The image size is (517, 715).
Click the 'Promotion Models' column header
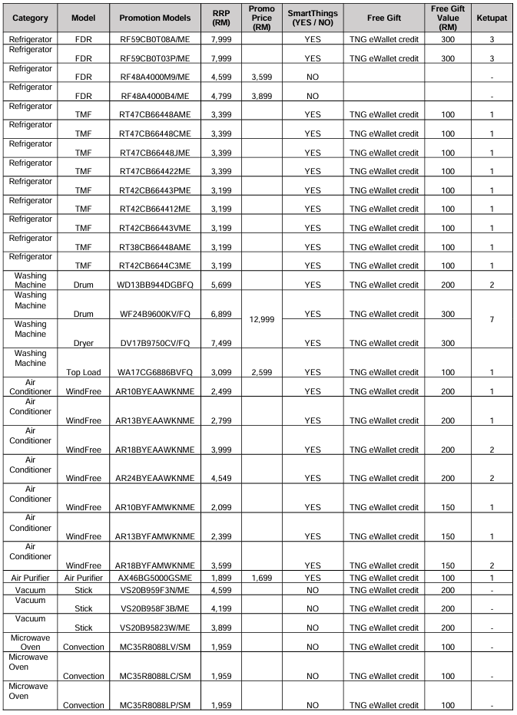pyautogui.click(x=157, y=17)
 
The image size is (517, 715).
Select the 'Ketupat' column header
pyautogui.click(x=491, y=17)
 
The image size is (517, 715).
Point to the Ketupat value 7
pyautogui.click(x=491, y=320)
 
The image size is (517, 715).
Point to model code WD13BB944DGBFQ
pyautogui.click(x=155, y=285)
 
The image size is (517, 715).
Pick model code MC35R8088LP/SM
pyautogui.click(x=155, y=705)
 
